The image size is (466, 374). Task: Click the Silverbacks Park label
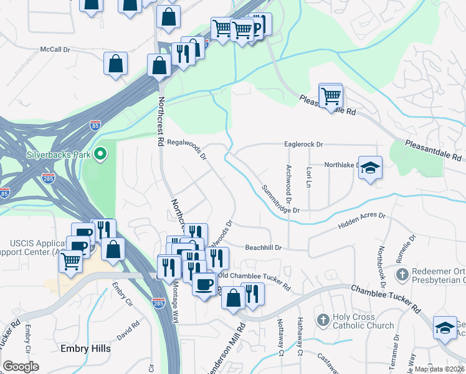[58, 155]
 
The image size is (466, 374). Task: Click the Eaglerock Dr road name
[304, 144]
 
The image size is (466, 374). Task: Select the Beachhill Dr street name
[264, 247]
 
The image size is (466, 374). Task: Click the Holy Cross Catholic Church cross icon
[323, 320]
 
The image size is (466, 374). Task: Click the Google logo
[21, 366]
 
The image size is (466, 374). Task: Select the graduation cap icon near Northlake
[370, 168]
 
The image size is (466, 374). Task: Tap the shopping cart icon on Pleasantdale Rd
[331, 97]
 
